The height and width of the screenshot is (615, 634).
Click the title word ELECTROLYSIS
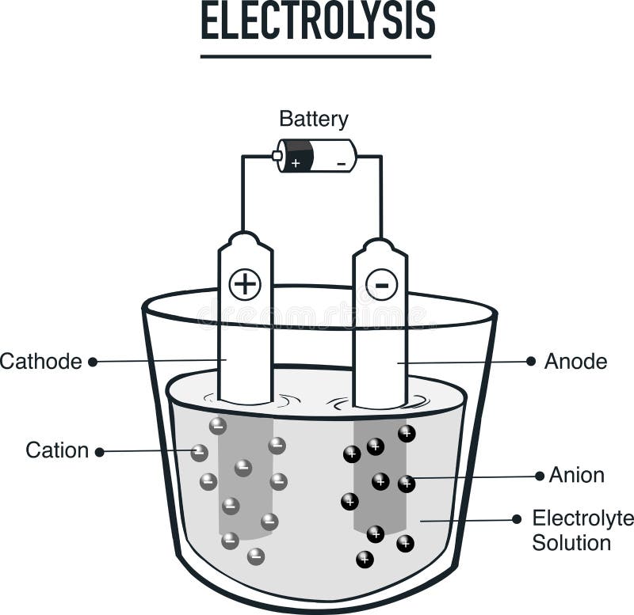[317, 21]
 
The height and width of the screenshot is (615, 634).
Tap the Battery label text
[314, 120]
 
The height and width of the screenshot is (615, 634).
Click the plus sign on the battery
[295, 163]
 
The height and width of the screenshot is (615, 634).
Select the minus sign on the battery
[341, 163]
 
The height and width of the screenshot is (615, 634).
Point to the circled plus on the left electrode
[245, 284]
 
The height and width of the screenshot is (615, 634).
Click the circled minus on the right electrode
[381, 284]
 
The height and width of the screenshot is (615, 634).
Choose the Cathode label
[41, 362]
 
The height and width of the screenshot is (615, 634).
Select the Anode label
[575, 362]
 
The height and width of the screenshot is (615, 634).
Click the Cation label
[57, 451]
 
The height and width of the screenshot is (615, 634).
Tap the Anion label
[577, 475]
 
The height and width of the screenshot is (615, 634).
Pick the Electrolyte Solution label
[582, 530]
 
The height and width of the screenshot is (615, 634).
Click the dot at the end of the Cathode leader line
[93, 362]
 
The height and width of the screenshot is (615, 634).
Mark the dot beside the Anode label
[531, 361]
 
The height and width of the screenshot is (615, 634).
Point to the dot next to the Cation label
[100, 452]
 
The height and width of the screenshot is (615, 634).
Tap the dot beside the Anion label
[540, 476]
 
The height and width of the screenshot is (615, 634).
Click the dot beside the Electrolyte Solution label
[517, 519]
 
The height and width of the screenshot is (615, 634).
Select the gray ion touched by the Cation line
[200, 454]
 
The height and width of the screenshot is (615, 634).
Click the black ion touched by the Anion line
[407, 484]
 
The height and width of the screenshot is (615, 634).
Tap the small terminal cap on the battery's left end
[277, 156]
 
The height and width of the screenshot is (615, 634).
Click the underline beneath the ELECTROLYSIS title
[315, 56]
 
